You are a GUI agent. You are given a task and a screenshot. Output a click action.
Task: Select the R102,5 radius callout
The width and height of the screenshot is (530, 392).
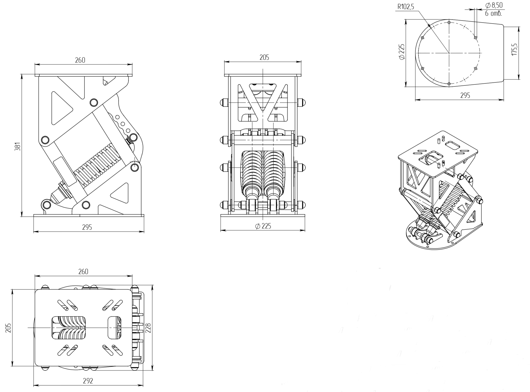[406, 7]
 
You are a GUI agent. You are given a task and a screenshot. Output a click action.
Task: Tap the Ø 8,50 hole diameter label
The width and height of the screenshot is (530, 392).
[494, 5]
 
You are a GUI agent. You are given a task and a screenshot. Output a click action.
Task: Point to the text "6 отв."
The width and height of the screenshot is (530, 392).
[493, 13]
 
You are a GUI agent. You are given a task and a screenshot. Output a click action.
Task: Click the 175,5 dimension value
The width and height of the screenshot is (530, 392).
[514, 49]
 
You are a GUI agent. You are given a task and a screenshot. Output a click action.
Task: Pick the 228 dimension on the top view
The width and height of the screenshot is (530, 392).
[149, 328]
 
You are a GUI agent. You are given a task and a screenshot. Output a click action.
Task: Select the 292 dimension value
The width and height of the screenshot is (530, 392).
[88, 381]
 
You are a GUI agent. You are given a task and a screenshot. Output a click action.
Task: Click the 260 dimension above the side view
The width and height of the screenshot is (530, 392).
[80, 60]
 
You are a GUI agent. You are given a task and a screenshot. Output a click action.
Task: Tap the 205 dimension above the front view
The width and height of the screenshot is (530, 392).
[264, 57]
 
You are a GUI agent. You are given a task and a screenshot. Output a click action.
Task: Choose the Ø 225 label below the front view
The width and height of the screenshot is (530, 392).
[263, 226]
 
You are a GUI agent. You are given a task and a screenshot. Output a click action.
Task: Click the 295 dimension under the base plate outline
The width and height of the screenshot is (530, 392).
[465, 95]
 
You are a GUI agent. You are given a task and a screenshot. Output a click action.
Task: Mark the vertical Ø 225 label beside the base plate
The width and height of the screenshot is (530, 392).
[401, 52]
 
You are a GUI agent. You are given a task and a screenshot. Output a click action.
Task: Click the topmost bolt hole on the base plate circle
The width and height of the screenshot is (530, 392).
[449, 22]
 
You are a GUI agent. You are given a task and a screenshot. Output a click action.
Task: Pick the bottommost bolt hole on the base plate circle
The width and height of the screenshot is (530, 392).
[449, 84]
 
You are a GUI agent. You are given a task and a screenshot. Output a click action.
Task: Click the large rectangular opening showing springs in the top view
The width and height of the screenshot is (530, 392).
[69, 328]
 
